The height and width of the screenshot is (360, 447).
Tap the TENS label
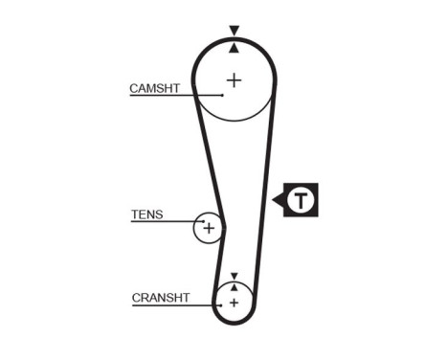pos(146,214)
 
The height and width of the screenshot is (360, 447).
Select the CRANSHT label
pos(161,298)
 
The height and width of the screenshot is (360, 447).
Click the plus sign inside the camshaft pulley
pos(234,79)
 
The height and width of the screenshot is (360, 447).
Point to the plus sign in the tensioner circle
pos(208,229)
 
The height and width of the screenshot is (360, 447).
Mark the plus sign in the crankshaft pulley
pos(233,303)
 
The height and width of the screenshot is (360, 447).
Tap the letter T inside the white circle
pos(302,200)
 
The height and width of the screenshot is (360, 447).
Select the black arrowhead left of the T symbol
pos(279,200)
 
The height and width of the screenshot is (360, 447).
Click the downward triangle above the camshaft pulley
pos(234,31)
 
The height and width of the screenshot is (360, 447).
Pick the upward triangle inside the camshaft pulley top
pos(234,48)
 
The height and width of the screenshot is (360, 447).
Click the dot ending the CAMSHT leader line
pos(222,95)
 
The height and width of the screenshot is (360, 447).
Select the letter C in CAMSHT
pos(133,88)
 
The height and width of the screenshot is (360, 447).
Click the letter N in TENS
pos(151,214)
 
